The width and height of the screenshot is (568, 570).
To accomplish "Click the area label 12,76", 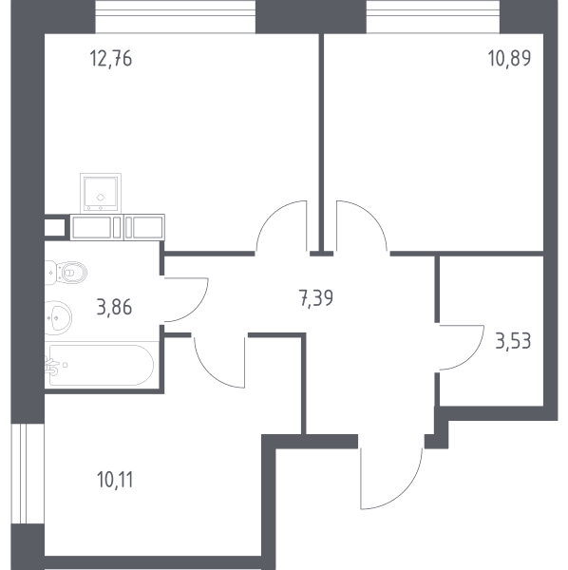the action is (x=111, y=59).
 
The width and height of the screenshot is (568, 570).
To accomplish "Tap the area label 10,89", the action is (x=509, y=58).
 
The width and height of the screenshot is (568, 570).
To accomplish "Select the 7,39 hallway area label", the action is (x=316, y=299).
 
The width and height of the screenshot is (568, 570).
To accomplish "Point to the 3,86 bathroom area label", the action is (x=115, y=307).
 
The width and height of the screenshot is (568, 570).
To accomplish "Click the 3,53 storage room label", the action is (x=513, y=341).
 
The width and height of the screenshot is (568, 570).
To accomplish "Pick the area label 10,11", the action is (x=115, y=480).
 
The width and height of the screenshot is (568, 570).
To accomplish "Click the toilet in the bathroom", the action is (x=66, y=273).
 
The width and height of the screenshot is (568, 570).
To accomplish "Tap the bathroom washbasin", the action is (x=58, y=317).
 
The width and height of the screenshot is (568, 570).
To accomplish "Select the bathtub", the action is (x=99, y=365).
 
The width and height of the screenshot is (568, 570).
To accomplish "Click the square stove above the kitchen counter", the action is (x=101, y=193).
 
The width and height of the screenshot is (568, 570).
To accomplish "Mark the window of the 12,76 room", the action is (x=176, y=17).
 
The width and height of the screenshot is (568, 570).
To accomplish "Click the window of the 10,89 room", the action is (x=433, y=17).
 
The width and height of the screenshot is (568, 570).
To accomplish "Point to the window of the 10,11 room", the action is (x=28, y=473).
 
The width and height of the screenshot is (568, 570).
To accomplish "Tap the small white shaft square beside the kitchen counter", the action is (x=54, y=228).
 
